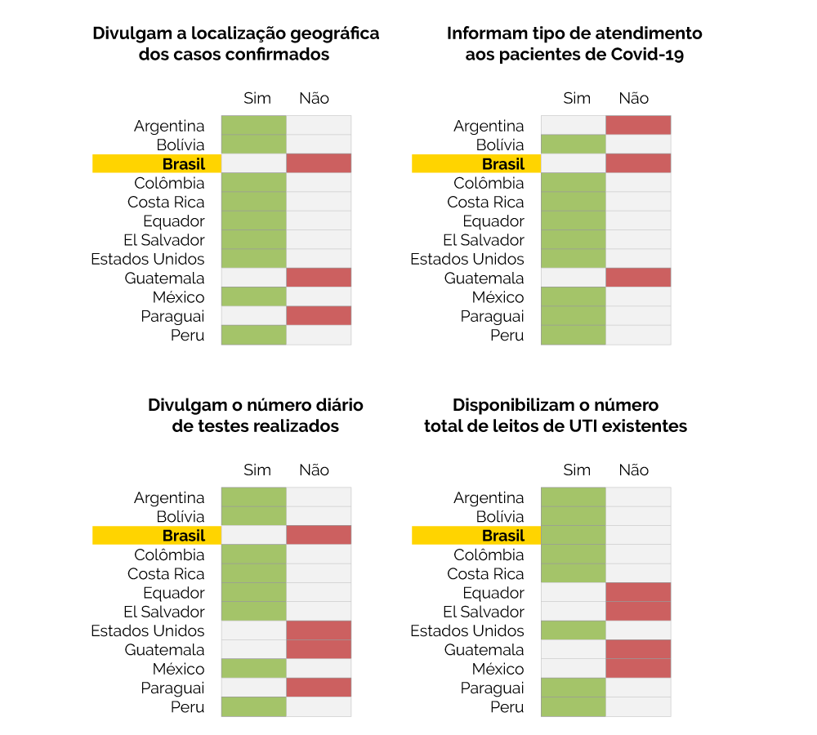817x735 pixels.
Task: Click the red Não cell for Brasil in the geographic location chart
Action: pyautogui.click(x=319, y=163)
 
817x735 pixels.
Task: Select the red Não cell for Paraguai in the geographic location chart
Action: pyautogui.click(x=319, y=316)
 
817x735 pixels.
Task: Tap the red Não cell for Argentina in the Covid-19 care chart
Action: pyautogui.click(x=638, y=126)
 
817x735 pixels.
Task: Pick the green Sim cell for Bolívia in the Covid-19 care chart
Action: pyautogui.click(x=574, y=145)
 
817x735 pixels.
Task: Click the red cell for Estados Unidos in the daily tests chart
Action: pyautogui.click(x=319, y=630)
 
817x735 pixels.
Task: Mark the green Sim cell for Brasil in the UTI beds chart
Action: pyautogui.click(x=574, y=536)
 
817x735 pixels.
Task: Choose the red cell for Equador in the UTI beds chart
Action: pyautogui.click(x=638, y=593)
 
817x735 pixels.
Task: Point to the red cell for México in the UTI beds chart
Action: pyautogui.click(x=638, y=669)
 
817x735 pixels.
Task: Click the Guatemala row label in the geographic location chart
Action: pyautogui.click(x=165, y=278)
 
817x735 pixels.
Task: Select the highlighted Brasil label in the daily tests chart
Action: pyautogui.click(x=184, y=536)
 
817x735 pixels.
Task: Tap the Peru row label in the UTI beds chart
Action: pyautogui.click(x=507, y=707)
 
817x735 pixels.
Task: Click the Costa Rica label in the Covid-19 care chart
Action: pyautogui.click(x=486, y=202)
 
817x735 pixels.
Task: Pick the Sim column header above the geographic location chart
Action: pyautogui.click(x=257, y=98)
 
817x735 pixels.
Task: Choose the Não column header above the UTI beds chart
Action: pyautogui.click(x=634, y=470)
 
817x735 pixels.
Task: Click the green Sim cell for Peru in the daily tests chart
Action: pyautogui.click(x=254, y=707)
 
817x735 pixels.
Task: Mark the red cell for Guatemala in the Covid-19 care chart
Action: pyautogui.click(x=638, y=278)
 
